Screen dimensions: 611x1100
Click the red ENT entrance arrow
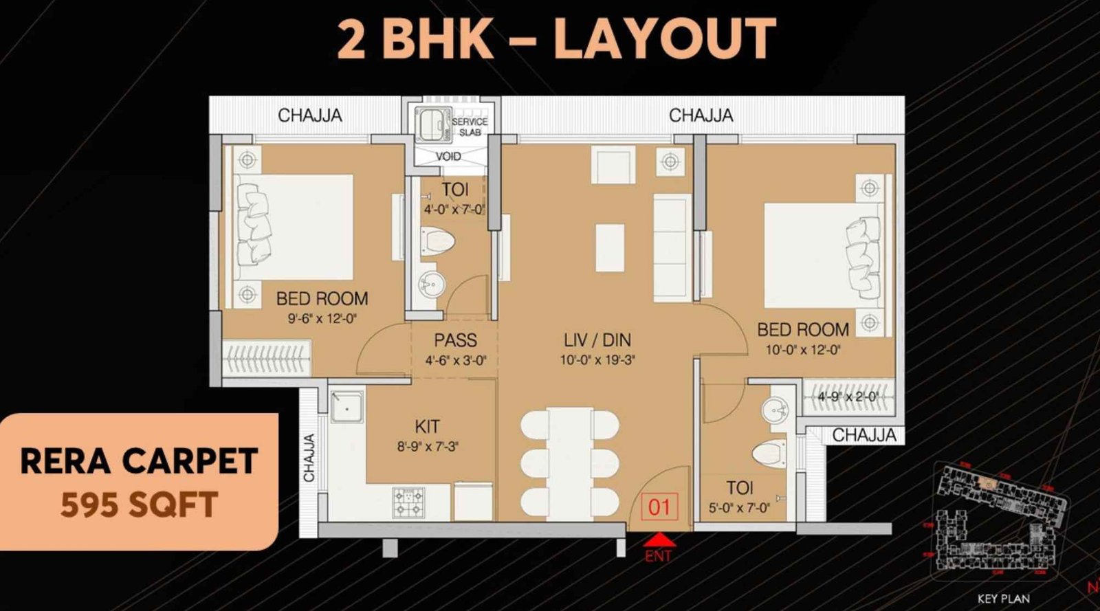tap(659, 540)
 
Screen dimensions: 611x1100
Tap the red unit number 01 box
tap(659, 507)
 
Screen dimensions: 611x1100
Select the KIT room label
tap(427, 426)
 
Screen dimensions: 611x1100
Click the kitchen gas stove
tap(409, 502)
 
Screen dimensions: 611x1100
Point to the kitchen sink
tap(348, 406)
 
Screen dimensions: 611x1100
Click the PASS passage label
tap(455, 340)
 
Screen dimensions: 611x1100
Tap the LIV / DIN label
tap(597, 340)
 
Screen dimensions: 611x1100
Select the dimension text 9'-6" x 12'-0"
tap(322, 318)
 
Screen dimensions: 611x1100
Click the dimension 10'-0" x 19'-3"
tap(597, 359)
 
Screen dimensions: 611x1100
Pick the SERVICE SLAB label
tap(470, 126)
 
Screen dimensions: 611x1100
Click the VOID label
tap(448, 157)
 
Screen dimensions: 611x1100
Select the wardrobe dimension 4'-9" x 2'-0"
tap(848, 397)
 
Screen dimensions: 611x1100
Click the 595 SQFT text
tap(139, 505)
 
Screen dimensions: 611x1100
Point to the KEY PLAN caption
tap(1003, 599)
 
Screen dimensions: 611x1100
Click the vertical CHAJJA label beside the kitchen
tap(309, 458)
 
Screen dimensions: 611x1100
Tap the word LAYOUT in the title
tap(664, 39)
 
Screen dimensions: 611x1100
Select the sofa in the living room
tap(672, 247)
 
